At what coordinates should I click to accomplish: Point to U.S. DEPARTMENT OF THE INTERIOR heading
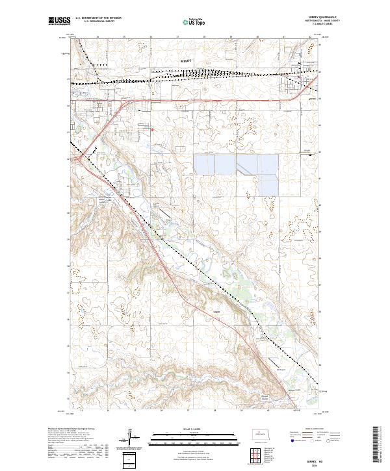pyautogui.click(x=97, y=18)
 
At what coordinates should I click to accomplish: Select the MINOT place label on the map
pyautogui.click(x=186, y=60)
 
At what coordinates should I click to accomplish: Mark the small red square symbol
pyautogui.click(x=152, y=129)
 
